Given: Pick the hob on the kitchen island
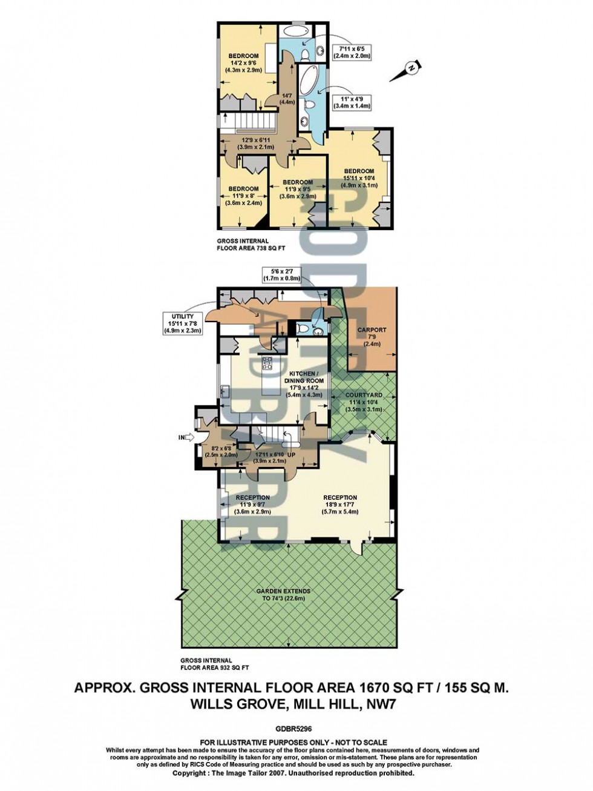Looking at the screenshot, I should [x=266, y=364].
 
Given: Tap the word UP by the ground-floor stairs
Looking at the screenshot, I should [x=290, y=454].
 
